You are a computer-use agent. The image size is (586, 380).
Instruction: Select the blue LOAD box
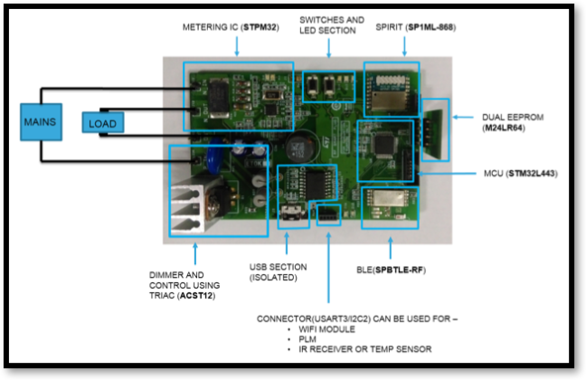(101, 122)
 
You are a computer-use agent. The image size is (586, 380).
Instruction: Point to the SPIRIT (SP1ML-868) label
(415, 28)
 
